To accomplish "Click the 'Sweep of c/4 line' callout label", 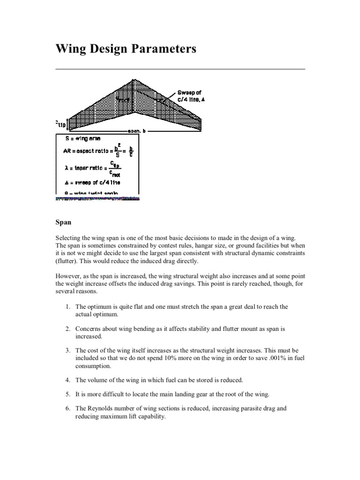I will (x=191, y=97).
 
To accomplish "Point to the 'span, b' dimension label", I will (x=137, y=131).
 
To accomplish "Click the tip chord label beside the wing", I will (x=61, y=124).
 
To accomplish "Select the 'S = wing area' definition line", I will (x=84, y=138).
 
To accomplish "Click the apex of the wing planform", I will (x=135, y=81).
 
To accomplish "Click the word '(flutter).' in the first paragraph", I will (x=68, y=261).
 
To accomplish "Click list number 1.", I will (x=68, y=307).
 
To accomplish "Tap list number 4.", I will (x=68, y=380).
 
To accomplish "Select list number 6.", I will (x=68, y=408).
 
